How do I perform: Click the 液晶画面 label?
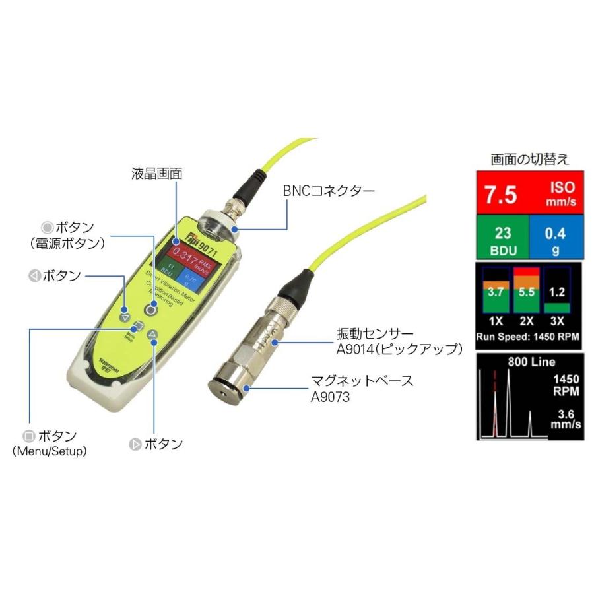(x=156, y=174)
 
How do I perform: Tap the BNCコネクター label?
(x=329, y=191)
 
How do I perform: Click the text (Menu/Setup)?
(x=59, y=451)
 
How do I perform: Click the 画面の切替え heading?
(x=530, y=159)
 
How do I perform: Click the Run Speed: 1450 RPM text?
(x=529, y=336)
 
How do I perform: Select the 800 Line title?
(x=531, y=362)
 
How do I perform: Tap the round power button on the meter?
(x=152, y=309)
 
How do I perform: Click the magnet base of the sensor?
(x=227, y=387)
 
